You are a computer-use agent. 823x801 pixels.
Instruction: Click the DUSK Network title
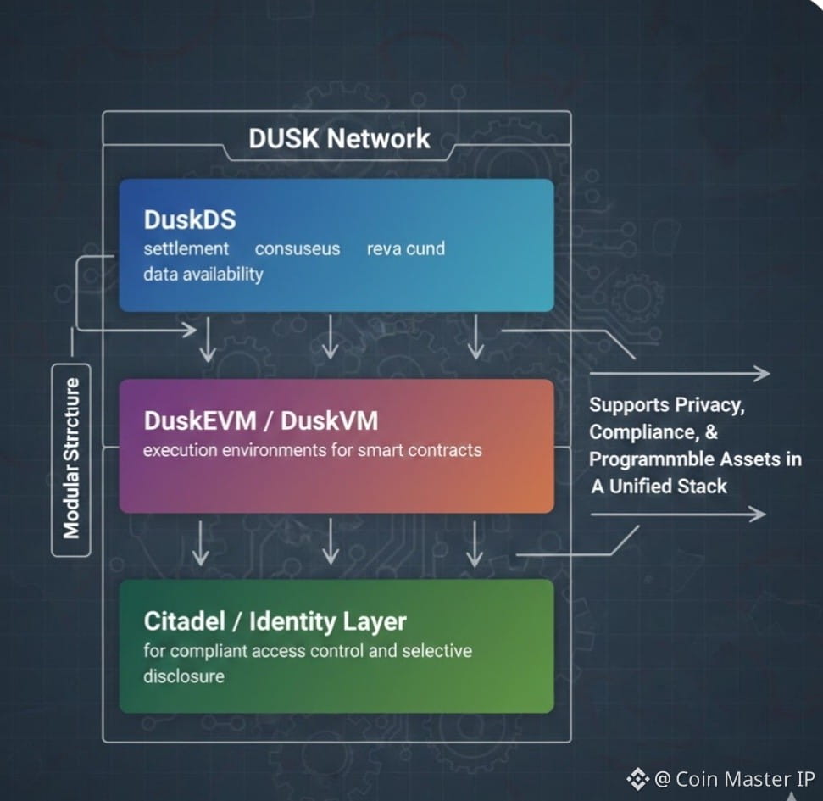(339, 139)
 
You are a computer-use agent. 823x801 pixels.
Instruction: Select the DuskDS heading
(190, 220)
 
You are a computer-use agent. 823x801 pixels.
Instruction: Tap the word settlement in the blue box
(186, 249)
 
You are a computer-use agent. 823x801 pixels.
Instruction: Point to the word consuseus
(298, 249)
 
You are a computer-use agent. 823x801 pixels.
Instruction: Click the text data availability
(203, 274)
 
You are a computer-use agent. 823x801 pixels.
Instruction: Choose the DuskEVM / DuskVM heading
(261, 420)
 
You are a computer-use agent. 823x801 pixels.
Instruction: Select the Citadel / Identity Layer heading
(275, 621)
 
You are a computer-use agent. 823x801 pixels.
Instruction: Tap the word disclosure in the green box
(184, 676)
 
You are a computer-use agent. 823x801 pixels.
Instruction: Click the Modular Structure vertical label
(71, 459)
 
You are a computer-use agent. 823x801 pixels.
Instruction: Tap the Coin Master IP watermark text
(734, 779)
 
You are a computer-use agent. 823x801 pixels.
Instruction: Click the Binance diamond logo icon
(637, 778)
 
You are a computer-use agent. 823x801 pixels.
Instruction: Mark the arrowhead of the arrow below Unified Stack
(758, 514)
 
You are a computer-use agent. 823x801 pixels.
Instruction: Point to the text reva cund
(405, 249)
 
